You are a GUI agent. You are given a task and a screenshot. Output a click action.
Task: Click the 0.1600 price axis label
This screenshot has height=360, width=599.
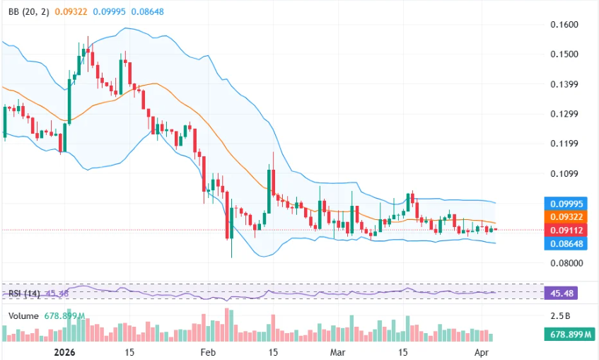point(564,25)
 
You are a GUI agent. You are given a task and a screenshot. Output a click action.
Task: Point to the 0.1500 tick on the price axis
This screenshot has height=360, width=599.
point(564,54)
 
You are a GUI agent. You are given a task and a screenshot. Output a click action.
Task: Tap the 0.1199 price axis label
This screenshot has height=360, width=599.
point(564,144)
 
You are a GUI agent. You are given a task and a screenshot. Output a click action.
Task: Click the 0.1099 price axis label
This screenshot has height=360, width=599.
point(564,173)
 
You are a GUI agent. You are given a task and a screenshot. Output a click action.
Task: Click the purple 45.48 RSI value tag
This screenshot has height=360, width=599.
point(564,293)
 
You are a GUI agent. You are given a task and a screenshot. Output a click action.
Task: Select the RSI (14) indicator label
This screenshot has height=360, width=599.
point(24,293)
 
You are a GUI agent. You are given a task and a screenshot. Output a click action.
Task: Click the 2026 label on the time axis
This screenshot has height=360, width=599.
point(64,352)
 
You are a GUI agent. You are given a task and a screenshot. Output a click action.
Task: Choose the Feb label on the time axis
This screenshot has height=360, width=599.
point(207,352)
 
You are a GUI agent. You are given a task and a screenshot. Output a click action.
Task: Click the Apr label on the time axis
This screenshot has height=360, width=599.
point(482,352)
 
